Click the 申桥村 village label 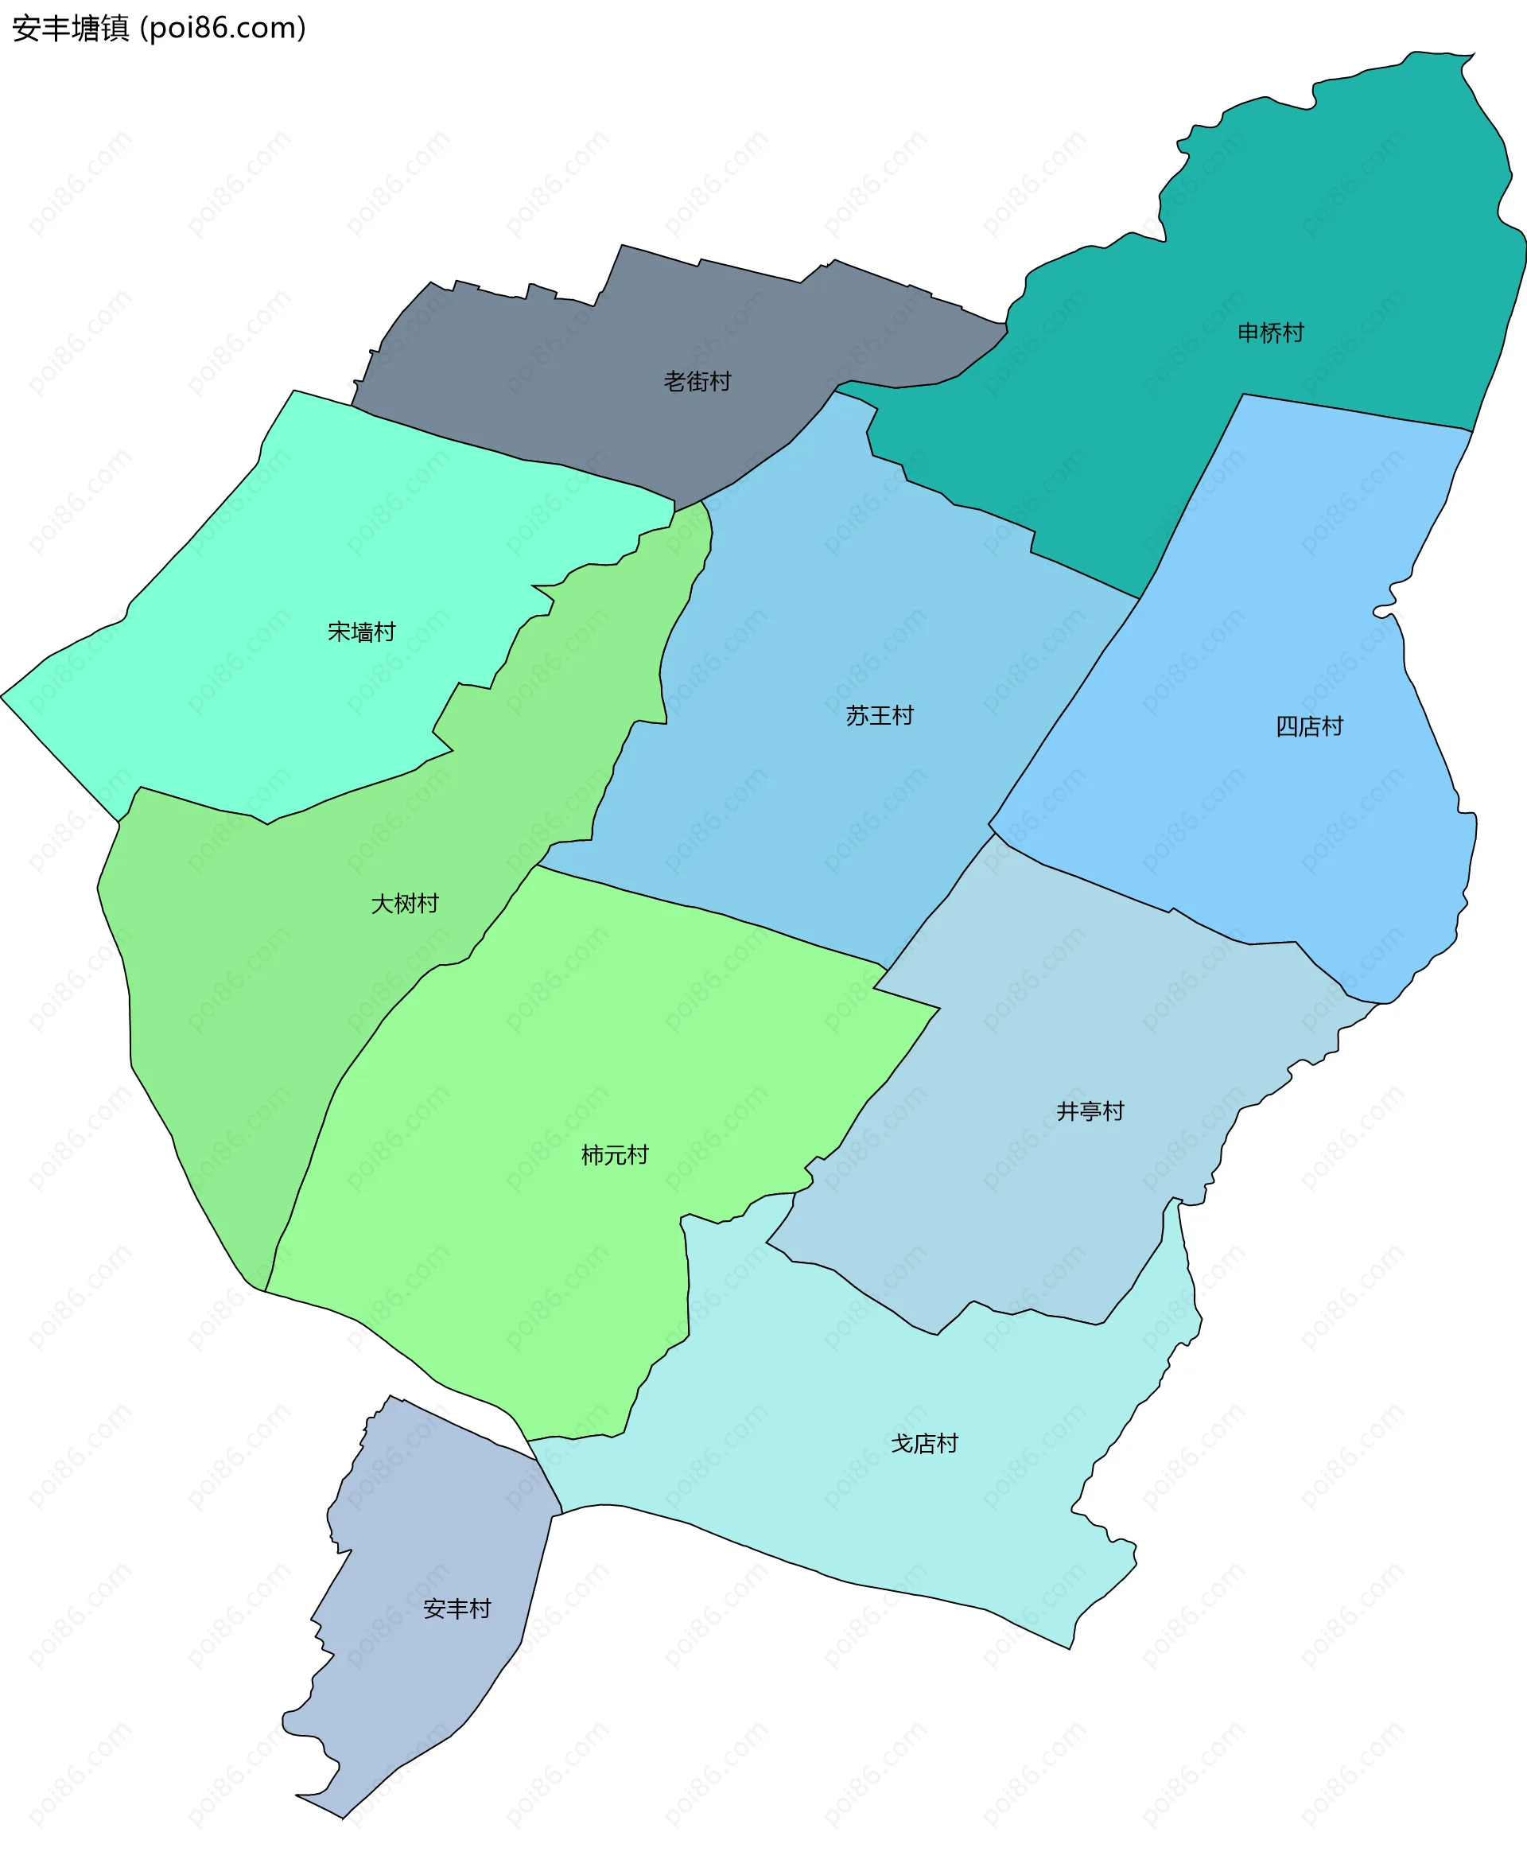coord(1270,333)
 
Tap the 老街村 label coord(697,381)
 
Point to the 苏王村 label coord(880,715)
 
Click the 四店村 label coord(1309,725)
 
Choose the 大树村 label coord(404,904)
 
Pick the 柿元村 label coord(615,1155)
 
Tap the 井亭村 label coord(1090,1111)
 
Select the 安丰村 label coord(457,1608)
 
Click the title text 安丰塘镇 coord(70,28)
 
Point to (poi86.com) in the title coord(223,28)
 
